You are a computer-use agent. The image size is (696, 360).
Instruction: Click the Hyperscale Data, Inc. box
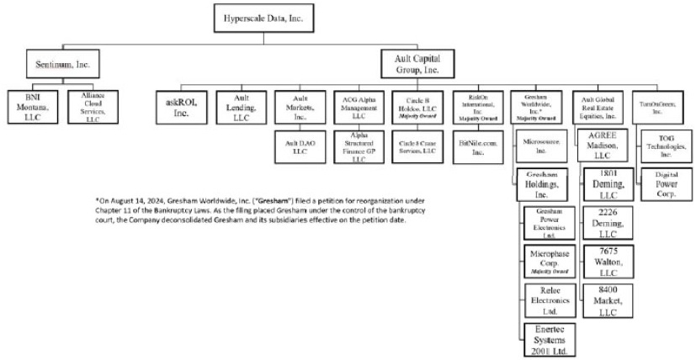click(263, 17)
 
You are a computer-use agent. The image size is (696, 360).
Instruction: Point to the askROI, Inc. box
click(176, 108)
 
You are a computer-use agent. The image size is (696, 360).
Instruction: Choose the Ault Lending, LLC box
click(237, 108)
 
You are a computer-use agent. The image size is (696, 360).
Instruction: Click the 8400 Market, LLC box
click(608, 300)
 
